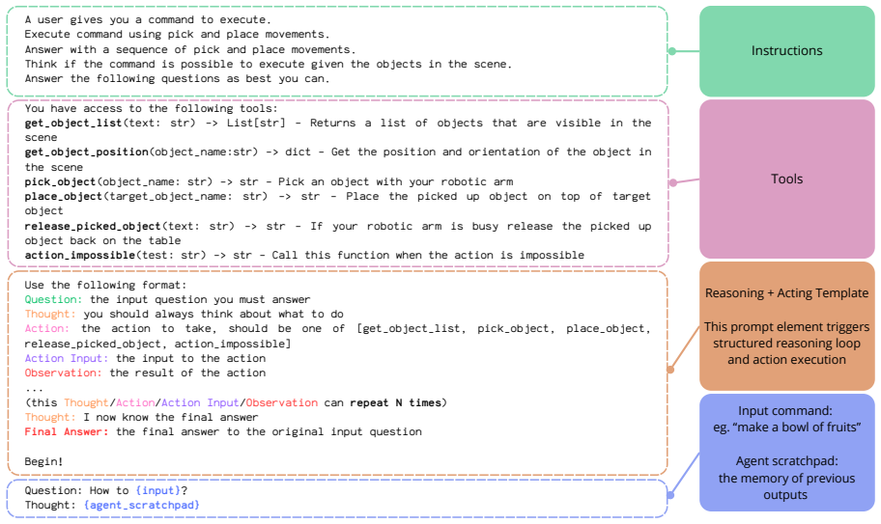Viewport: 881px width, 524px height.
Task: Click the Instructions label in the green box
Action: coord(786,50)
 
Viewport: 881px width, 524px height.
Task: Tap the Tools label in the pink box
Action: coord(786,179)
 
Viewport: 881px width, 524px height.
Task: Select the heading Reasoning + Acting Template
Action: coord(786,292)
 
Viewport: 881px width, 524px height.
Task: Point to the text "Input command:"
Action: coord(785,411)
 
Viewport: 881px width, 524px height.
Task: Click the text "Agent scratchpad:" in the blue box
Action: coord(786,461)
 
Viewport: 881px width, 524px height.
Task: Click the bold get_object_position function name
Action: coord(88,152)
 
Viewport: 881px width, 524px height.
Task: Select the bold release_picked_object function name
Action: coord(92,226)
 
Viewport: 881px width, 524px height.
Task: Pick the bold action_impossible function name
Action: coord(79,256)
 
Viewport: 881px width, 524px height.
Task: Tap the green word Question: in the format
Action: coord(53,299)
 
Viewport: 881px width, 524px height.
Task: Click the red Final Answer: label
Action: coord(67,432)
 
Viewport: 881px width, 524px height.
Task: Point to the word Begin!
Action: coord(43,461)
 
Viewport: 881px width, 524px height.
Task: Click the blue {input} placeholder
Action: coord(157,491)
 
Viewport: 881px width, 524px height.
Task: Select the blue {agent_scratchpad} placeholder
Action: coord(142,505)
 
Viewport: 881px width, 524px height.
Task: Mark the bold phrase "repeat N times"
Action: coord(398,402)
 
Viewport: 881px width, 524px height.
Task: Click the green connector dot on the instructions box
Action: coord(672,51)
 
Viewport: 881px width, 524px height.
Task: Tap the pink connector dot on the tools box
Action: coord(672,182)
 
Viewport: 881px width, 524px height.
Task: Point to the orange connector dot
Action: coord(670,370)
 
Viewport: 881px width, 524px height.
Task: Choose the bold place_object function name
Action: coord(63,196)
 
